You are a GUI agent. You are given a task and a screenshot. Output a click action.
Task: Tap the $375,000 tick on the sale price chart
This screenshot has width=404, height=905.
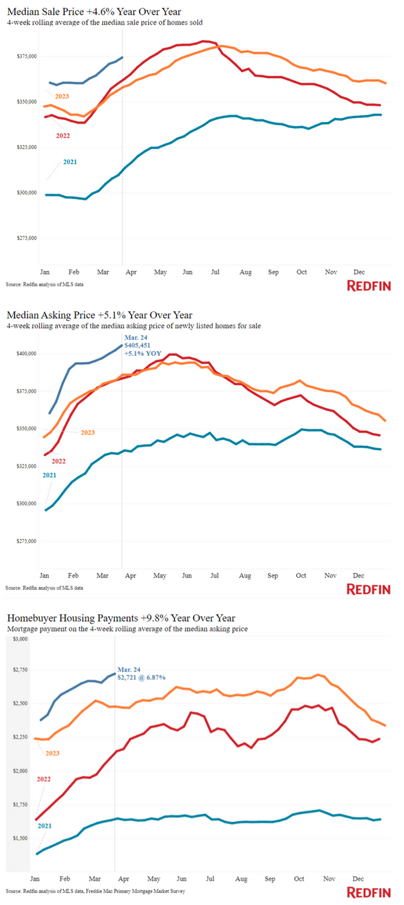(x=25, y=56)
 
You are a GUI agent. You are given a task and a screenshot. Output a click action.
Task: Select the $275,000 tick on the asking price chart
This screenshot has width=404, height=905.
(x=25, y=541)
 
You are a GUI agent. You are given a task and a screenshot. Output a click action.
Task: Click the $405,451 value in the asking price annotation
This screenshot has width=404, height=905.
(x=137, y=345)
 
